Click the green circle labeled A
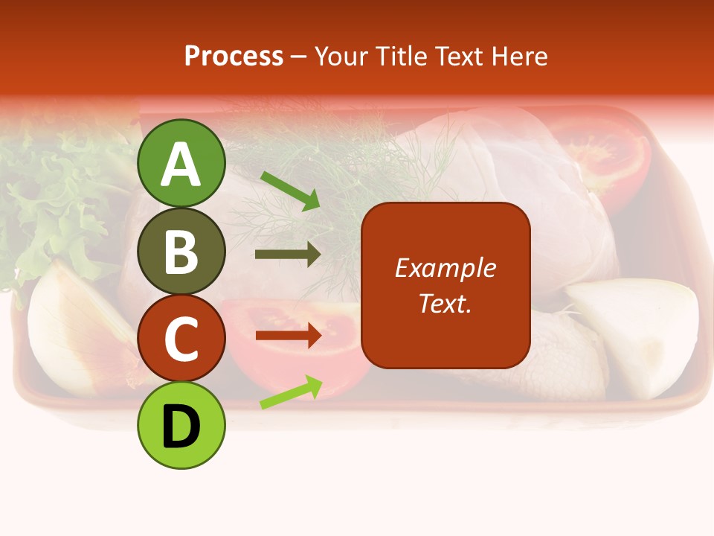tap(181, 164)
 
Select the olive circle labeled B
tap(181, 251)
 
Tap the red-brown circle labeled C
tap(181, 338)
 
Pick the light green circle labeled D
tap(181, 425)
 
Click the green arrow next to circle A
tap(290, 191)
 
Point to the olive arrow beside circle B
tap(288, 255)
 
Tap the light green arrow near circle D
tap(291, 392)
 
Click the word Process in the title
tap(234, 56)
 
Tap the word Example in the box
tap(445, 268)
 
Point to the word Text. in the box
tap(445, 303)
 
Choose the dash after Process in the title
tap(298, 57)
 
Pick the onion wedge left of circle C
tap(74, 328)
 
